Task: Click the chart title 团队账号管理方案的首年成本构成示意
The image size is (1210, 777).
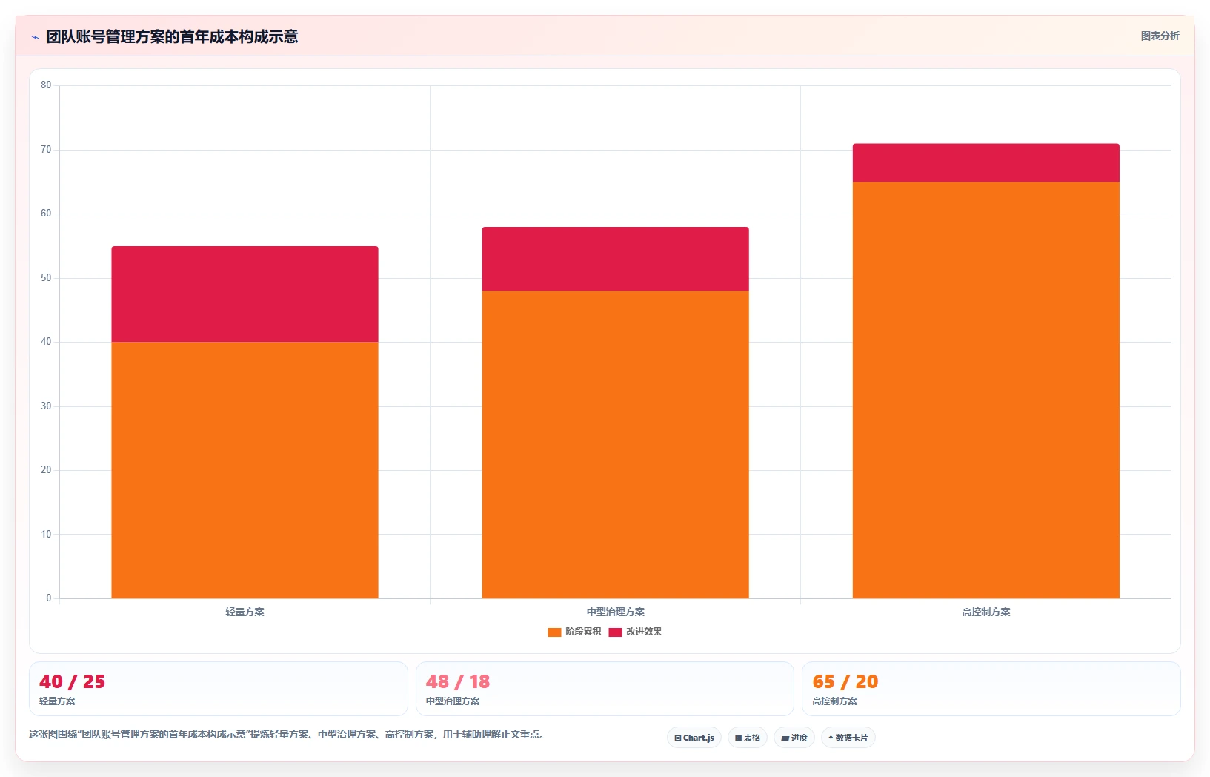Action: pos(172,37)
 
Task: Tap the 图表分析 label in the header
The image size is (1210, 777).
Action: pos(1160,36)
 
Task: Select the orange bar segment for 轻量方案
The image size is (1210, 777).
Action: pos(245,470)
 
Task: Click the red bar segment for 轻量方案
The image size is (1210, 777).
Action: pos(245,294)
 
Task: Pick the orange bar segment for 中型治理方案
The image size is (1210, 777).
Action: pos(615,444)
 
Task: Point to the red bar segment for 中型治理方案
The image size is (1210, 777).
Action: pos(615,259)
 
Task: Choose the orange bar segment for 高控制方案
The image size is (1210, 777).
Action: pos(985,390)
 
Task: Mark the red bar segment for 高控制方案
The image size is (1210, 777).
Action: pos(985,162)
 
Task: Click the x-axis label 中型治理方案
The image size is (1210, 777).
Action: pos(615,612)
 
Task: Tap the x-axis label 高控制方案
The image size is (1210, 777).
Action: pos(985,612)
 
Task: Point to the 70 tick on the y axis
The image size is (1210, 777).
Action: pos(46,150)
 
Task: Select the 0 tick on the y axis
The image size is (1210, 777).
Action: pos(49,598)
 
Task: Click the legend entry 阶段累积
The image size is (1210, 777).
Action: pos(574,632)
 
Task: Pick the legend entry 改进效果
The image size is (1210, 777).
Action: pos(635,632)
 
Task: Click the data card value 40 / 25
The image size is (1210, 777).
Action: pos(72,682)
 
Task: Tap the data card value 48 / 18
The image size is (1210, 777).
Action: pos(457,682)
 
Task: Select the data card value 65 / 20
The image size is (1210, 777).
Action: pos(845,682)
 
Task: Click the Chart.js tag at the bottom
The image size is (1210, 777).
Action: pos(694,738)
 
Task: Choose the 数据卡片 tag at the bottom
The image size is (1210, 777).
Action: pos(848,738)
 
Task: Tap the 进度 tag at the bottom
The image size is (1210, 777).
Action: pos(794,738)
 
